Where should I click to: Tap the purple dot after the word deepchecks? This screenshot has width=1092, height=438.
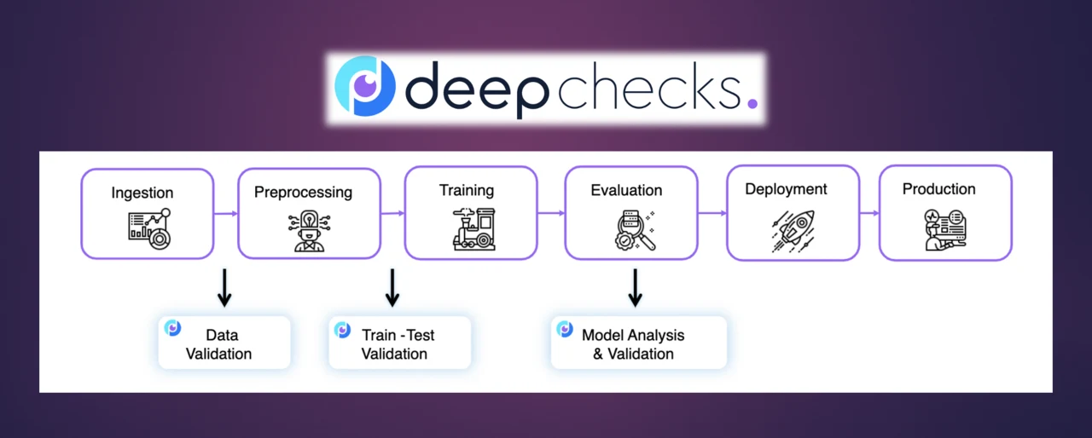click(751, 103)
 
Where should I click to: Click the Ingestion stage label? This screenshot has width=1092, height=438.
click(142, 193)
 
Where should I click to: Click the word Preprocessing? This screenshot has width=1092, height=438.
click(303, 192)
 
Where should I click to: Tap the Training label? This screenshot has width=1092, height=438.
click(466, 189)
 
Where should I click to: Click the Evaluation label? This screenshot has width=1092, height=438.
click(626, 190)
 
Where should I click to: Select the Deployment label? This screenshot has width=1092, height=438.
click(786, 189)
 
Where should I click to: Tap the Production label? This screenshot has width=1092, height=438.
click(938, 189)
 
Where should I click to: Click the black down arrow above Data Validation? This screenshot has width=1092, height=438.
click(224, 288)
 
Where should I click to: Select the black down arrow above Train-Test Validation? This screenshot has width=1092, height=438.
click(392, 288)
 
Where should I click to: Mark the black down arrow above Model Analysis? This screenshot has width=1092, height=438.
click(635, 288)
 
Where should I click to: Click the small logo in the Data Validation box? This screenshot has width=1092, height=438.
click(172, 328)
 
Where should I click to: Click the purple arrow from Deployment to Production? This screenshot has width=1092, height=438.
click(869, 213)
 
